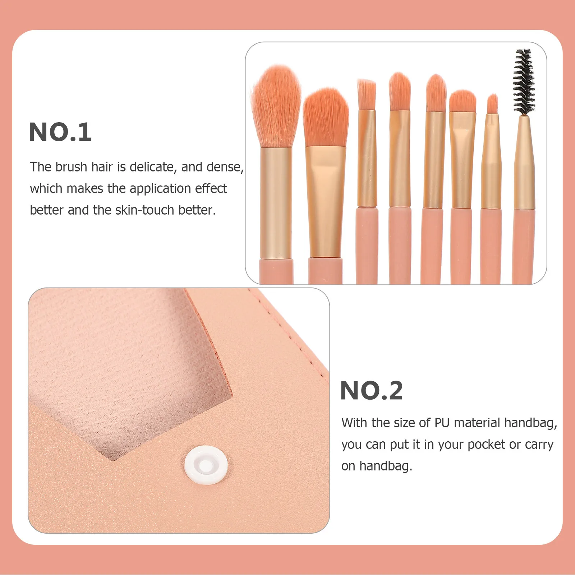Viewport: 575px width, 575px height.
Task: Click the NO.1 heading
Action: [x=60, y=132]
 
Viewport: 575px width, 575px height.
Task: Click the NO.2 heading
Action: [x=371, y=391]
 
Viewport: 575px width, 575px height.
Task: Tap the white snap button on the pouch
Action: [x=206, y=465]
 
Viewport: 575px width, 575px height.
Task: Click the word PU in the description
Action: [x=442, y=423]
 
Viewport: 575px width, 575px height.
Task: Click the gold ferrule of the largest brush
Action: [x=276, y=203]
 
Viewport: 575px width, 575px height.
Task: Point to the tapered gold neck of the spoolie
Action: [x=524, y=162]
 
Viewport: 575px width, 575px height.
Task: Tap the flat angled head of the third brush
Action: [x=367, y=94]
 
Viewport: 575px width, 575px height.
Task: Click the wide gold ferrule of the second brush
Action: [x=326, y=201]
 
